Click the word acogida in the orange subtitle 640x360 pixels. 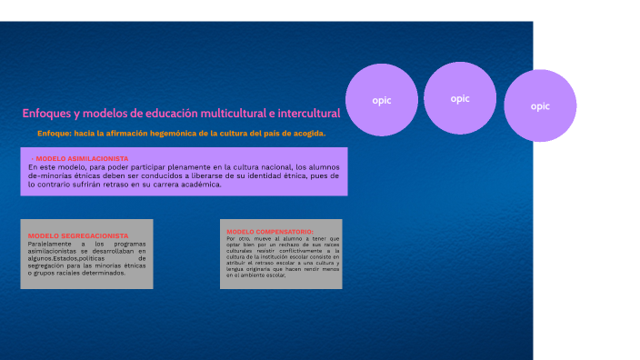[303, 134]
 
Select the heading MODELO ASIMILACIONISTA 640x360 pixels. [82, 158]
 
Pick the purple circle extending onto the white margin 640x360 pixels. [540, 105]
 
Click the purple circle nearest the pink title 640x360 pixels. [382, 100]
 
